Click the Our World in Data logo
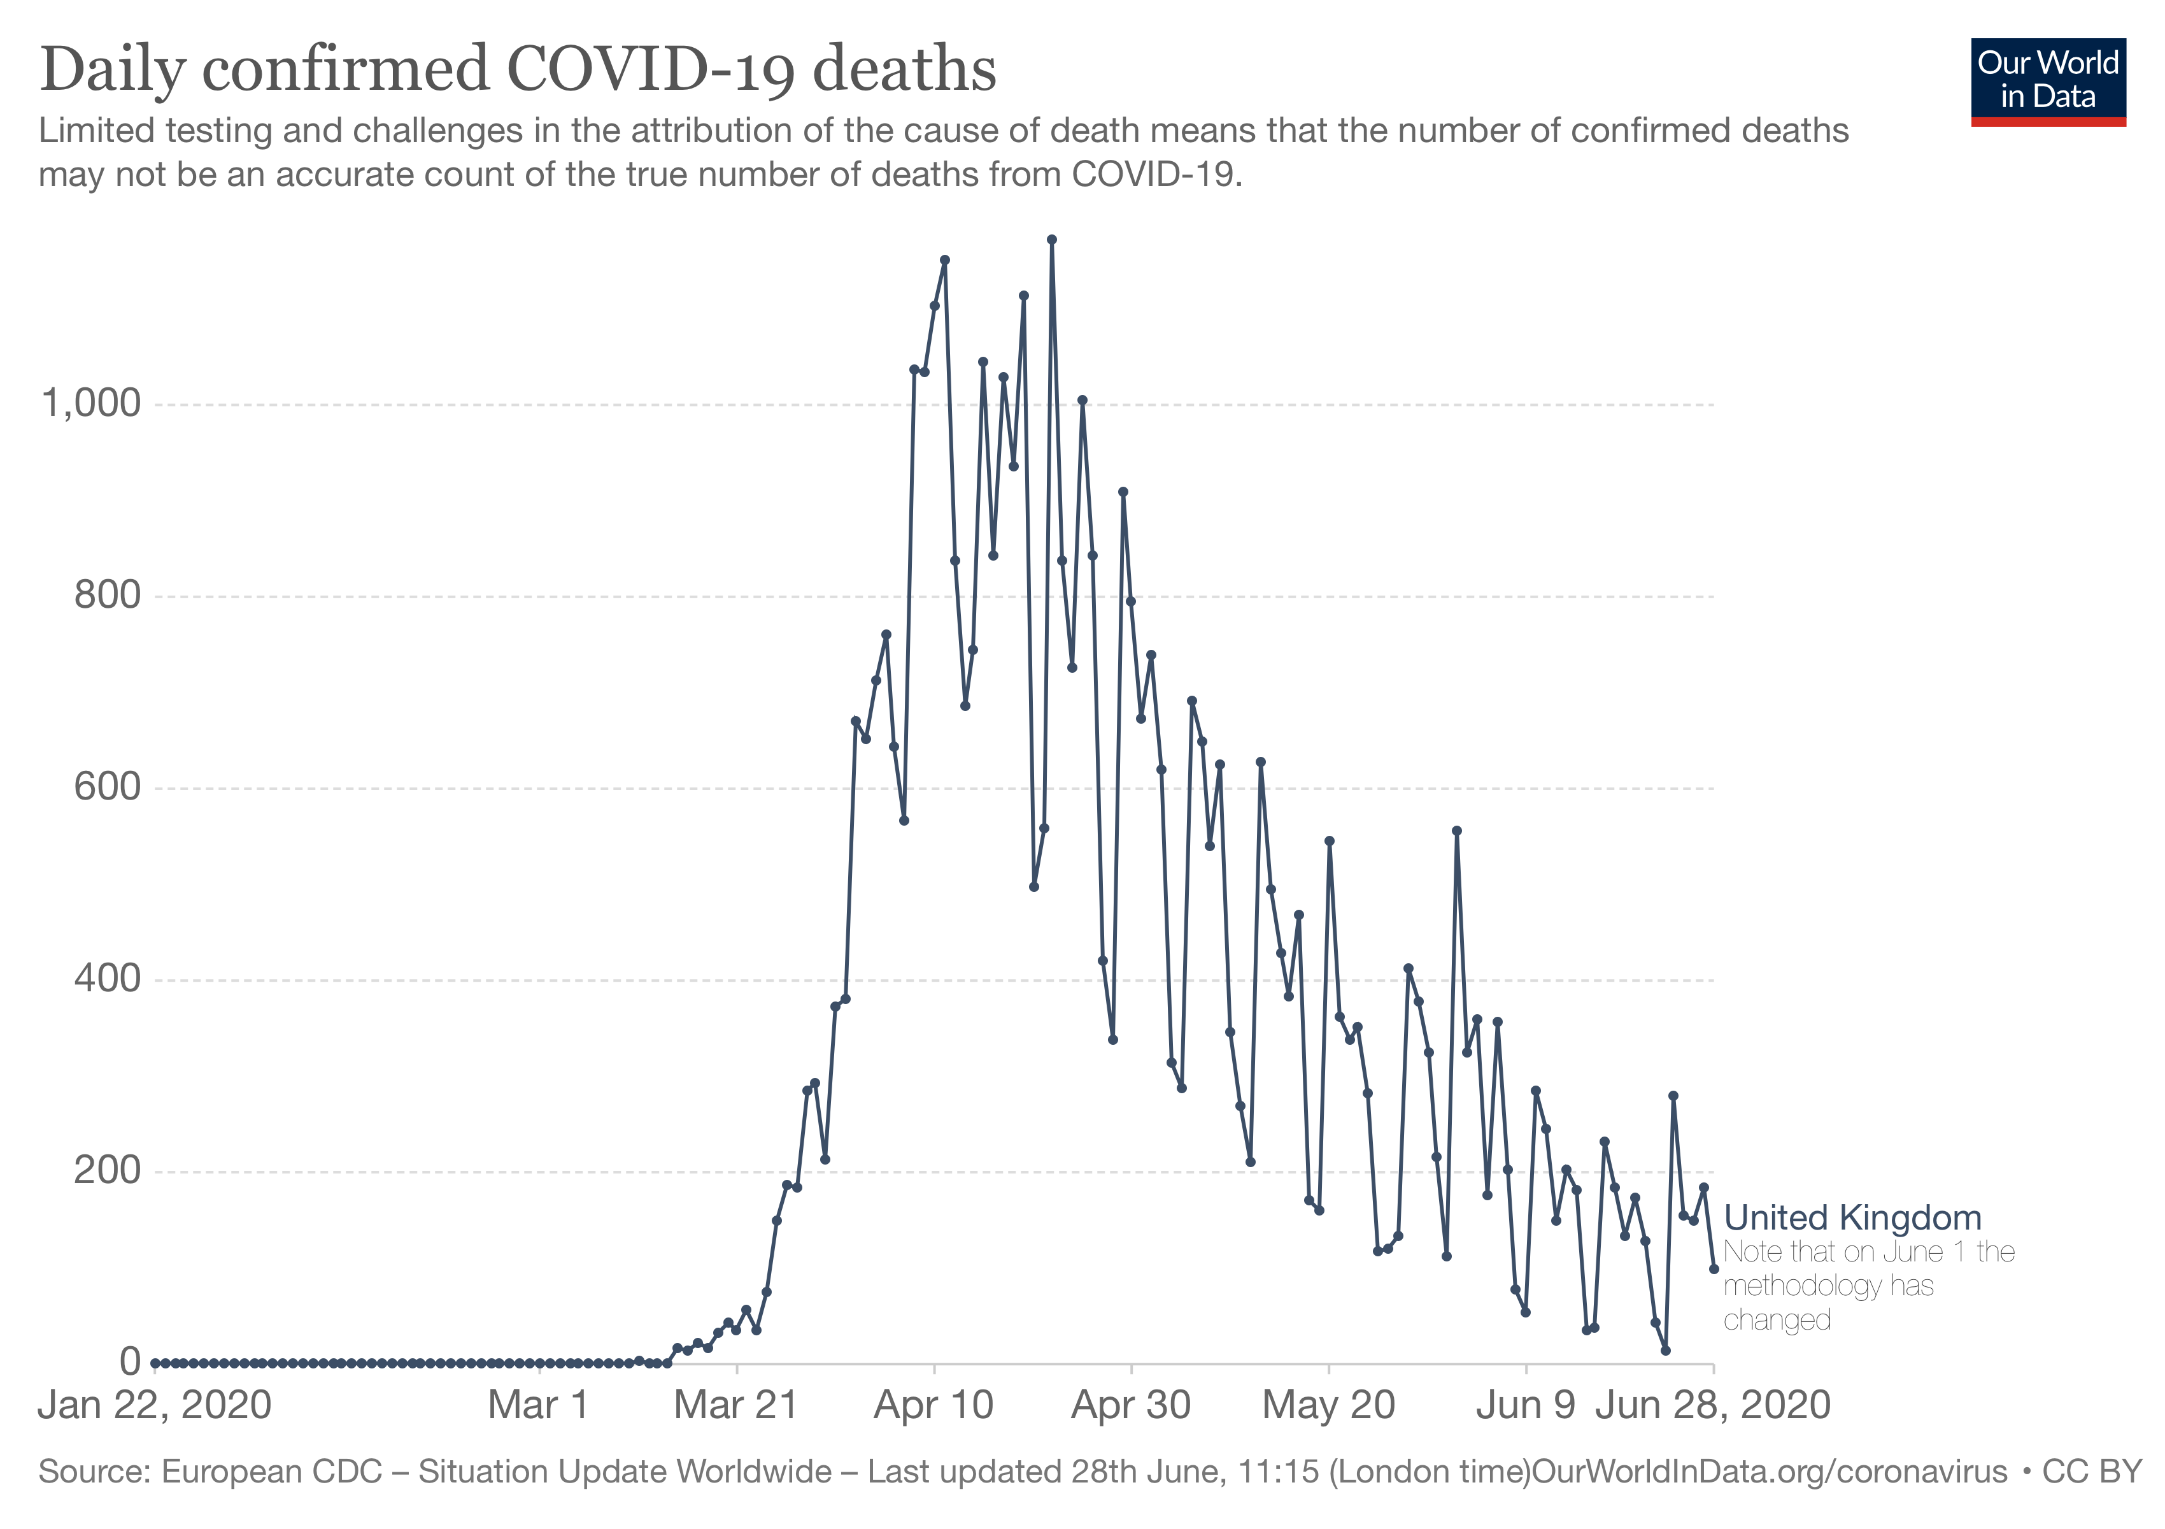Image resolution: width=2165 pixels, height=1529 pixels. tap(2048, 81)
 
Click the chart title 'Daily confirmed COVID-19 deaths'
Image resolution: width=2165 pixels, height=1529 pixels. tap(518, 70)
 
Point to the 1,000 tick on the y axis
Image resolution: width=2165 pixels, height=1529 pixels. tap(92, 404)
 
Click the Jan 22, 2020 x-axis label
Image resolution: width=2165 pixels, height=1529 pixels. tap(155, 1405)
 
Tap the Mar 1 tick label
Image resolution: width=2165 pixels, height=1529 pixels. tap(539, 1405)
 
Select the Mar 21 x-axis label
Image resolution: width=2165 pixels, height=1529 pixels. tap(735, 1405)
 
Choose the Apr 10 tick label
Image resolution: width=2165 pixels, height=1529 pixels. tap(933, 1405)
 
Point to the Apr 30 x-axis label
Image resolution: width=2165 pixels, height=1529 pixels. tap(1131, 1405)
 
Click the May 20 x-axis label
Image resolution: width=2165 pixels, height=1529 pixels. tap(1328, 1405)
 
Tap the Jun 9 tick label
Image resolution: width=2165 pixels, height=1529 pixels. tap(1526, 1405)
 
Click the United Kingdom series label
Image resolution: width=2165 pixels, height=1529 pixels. tap(1852, 1217)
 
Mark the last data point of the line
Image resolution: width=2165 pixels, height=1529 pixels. tap(1714, 1268)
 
